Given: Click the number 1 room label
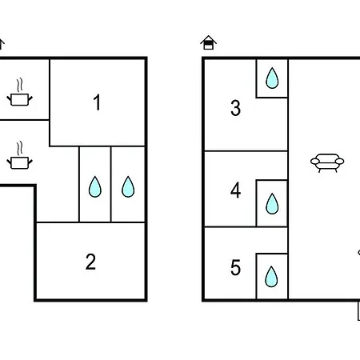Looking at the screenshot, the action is pos(97,102).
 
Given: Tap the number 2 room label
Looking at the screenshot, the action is pos(90,262).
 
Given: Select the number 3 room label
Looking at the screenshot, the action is pos(236,108).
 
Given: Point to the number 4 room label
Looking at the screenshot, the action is pos(236,190).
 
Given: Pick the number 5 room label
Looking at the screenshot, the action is pos(236,267).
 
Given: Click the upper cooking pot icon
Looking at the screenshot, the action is pos(19,99).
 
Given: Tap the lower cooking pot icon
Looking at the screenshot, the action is pos(19,162).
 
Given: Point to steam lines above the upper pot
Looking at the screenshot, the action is pos(19,85).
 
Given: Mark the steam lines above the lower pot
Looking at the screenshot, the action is pos(19,149).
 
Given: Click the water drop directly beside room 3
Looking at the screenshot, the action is pos(272,78).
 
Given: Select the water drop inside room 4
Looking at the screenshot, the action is pos(272,204).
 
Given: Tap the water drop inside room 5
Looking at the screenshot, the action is pos(271,277).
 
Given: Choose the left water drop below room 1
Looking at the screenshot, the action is pos(95,186).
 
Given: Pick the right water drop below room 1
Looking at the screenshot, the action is pos(128,186).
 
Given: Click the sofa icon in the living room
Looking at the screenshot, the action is pos(327,163).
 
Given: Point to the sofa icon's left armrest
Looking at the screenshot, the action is pos(315,162).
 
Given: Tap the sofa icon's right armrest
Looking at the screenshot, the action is pos(340,162).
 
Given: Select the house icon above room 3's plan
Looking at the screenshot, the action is pos(209,42).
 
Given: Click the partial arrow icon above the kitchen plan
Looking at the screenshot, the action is pos(2,44).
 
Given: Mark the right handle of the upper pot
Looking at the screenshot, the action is pos(30,99).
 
